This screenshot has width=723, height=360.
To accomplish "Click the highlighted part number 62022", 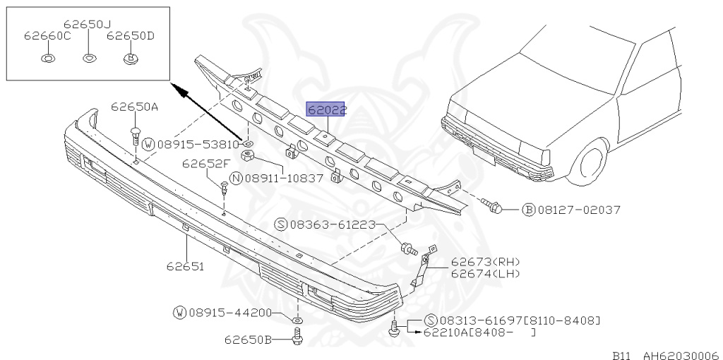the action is click(x=326, y=110).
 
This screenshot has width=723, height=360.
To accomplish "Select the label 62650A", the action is click(x=134, y=107).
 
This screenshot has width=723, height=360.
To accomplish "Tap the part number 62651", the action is click(x=185, y=266).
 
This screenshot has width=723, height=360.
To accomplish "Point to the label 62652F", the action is click(x=205, y=163).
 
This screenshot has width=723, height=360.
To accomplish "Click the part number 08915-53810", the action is click(x=198, y=144).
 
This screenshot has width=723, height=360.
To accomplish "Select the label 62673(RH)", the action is click(x=485, y=262).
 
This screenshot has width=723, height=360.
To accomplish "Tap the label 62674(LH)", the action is click(x=485, y=273).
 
